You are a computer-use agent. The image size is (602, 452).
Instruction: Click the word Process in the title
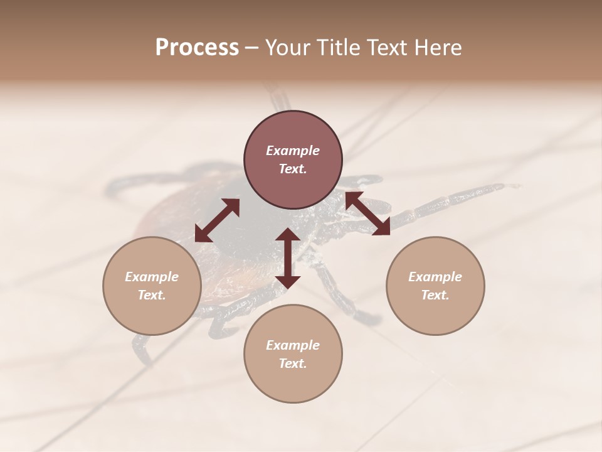click(x=197, y=48)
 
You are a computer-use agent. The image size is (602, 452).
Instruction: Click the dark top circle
click(x=293, y=160)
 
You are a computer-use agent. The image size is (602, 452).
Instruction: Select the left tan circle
click(x=152, y=286)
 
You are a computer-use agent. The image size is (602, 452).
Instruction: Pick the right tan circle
click(x=435, y=286)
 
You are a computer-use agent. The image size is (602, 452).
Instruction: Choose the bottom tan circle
click(x=293, y=353)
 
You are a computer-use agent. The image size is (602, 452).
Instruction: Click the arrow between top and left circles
click(x=217, y=220)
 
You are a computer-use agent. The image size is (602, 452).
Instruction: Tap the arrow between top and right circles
click(x=368, y=213)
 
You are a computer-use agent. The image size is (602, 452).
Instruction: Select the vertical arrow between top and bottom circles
click(x=288, y=258)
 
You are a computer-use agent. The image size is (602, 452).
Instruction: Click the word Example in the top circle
click(x=293, y=151)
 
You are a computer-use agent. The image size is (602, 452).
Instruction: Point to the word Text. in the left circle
click(x=152, y=295)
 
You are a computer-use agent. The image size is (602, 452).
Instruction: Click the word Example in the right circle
click(x=435, y=277)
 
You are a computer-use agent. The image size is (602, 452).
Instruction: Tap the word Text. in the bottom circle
click(x=293, y=363)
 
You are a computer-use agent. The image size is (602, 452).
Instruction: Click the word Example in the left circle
click(x=152, y=277)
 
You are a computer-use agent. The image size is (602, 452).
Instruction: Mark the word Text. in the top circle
click(x=293, y=169)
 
